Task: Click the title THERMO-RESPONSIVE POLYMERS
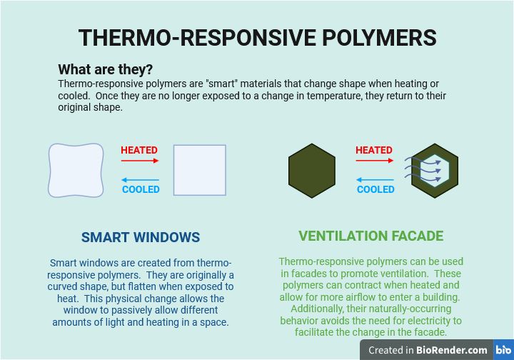[257, 37]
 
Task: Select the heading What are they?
[105, 69]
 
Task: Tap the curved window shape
[76, 171]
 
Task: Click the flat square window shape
[200, 170]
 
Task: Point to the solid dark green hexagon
[312, 171]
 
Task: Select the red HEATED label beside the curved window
[139, 150]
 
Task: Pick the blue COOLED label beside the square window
[141, 189]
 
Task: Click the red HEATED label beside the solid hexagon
[374, 150]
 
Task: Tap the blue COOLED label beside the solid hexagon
[376, 189]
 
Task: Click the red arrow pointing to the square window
[140, 161]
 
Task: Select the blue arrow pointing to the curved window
[140, 180]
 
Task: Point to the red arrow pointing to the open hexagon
[375, 161]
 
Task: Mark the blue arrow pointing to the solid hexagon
[375, 180]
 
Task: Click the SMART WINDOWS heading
[141, 237]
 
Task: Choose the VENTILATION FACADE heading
[371, 236]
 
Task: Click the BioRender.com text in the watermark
[452, 350]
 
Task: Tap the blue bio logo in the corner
[503, 350]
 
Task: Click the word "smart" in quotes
[221, 84]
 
